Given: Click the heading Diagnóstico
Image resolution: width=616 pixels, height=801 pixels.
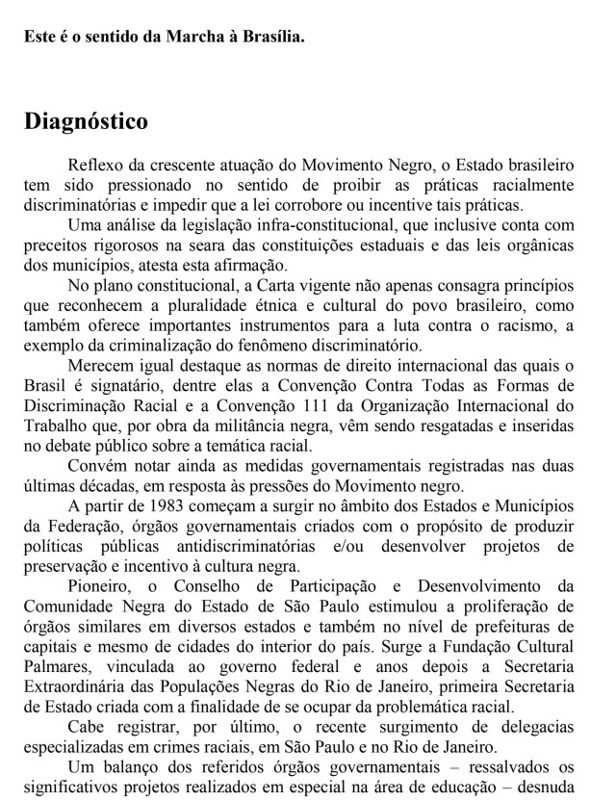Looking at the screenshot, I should tap(86, 122).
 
